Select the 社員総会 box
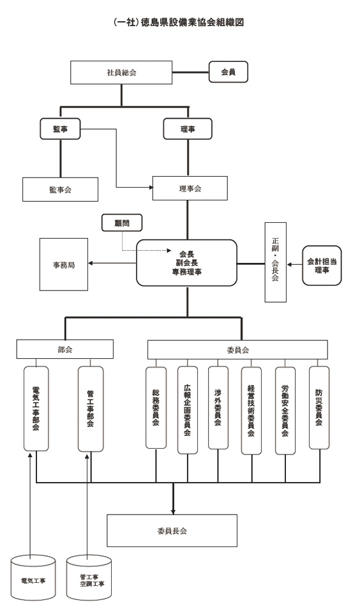point(121,72)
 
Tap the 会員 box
point(228,72)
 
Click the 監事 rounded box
point(60,128)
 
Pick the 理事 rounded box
point(188,128)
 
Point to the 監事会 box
point(61,189)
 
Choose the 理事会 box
point(190,189)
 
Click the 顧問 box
point(122,224)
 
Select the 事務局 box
point(63,264)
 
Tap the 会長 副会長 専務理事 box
point(186,262)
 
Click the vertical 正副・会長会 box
point(275,262)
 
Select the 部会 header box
point(64,349)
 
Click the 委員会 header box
point(237,349)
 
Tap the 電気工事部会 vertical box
point(36,408)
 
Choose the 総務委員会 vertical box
point(156,408)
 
